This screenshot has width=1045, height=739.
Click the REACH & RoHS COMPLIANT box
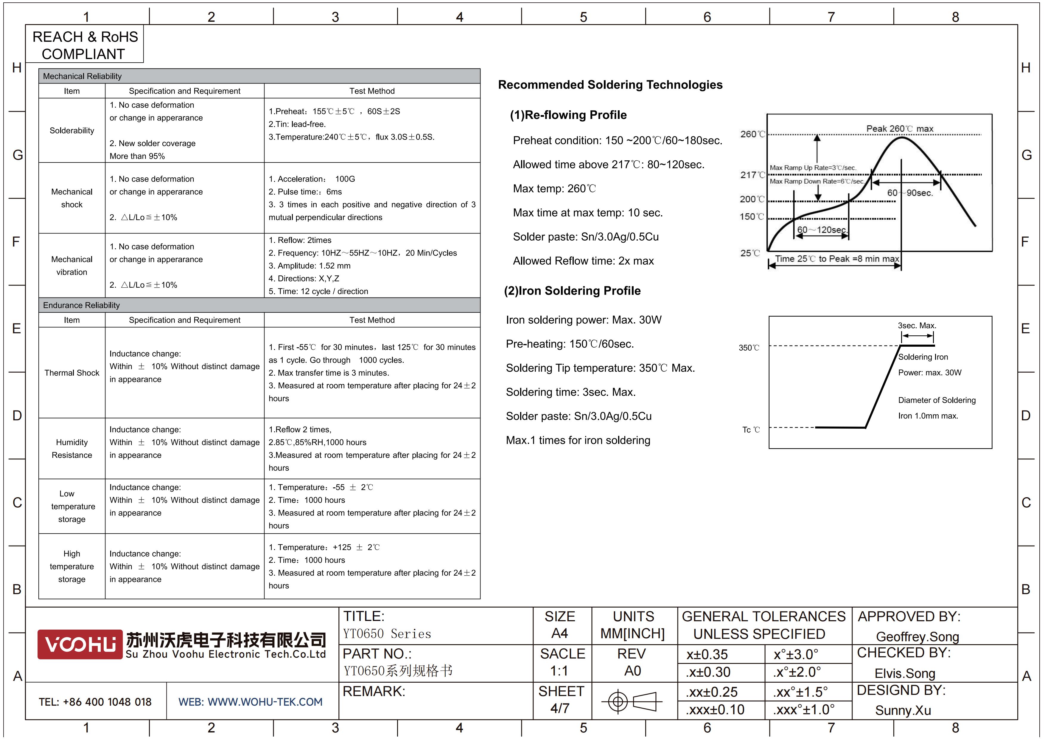(85, 45)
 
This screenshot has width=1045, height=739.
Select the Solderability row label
(72, 131)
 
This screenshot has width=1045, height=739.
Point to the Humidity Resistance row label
(72, 449)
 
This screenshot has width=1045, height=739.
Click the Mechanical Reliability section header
(83, 76)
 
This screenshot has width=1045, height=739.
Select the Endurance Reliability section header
(81, 305)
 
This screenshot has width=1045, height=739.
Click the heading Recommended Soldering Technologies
(610, 85)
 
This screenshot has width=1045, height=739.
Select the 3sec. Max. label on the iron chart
(917, 326)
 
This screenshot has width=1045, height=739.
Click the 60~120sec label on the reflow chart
(822, 230)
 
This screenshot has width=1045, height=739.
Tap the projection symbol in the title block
(632, 701)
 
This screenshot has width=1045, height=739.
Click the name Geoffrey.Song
(917, 636)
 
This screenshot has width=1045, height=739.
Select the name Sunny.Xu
(903, 710)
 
